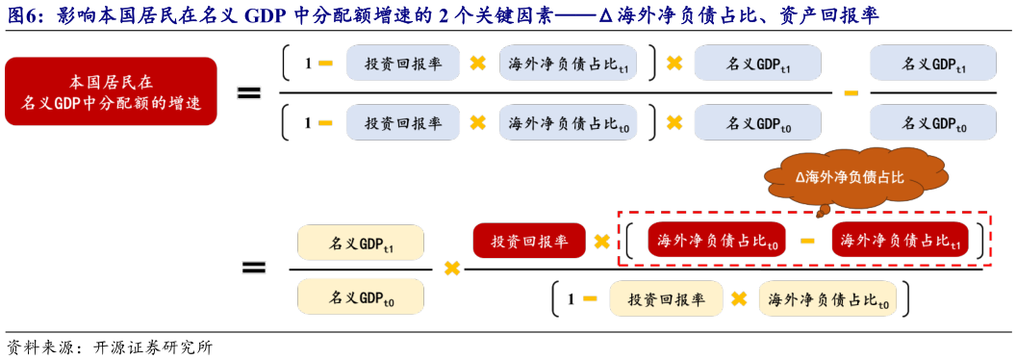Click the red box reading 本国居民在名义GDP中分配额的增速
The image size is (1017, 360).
[x=111, y=91]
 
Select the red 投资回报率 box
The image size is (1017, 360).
[x=528, y=241]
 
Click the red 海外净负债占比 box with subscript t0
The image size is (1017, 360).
[x=717, y=241]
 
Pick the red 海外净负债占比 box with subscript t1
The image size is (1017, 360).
[x=900, y=241]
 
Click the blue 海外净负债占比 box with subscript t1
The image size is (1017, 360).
[x=568, y=64]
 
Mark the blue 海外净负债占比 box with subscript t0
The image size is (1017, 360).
[x=568, y=123]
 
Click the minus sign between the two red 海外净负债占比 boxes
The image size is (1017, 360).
[x=808, y=241]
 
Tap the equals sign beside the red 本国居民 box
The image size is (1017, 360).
[x=249, y=92]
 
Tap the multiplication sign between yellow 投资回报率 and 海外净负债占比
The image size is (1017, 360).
[x=739, y=298]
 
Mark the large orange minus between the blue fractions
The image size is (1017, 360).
[x=851, y=92]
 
